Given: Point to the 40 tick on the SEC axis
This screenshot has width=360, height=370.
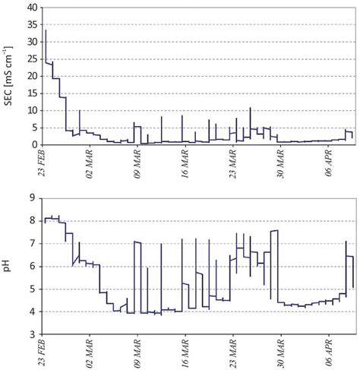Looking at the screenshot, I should pos(31,8).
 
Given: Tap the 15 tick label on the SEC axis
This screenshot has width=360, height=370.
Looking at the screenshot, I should pos(31,93).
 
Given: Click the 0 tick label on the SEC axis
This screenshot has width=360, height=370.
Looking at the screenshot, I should pos(34,144).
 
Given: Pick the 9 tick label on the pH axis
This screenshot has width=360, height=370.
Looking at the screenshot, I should pos(34,198).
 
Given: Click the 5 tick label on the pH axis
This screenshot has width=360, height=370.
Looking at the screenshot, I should pos(34,289).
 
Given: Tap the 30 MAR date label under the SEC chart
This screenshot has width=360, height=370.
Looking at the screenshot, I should pos(282,164).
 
